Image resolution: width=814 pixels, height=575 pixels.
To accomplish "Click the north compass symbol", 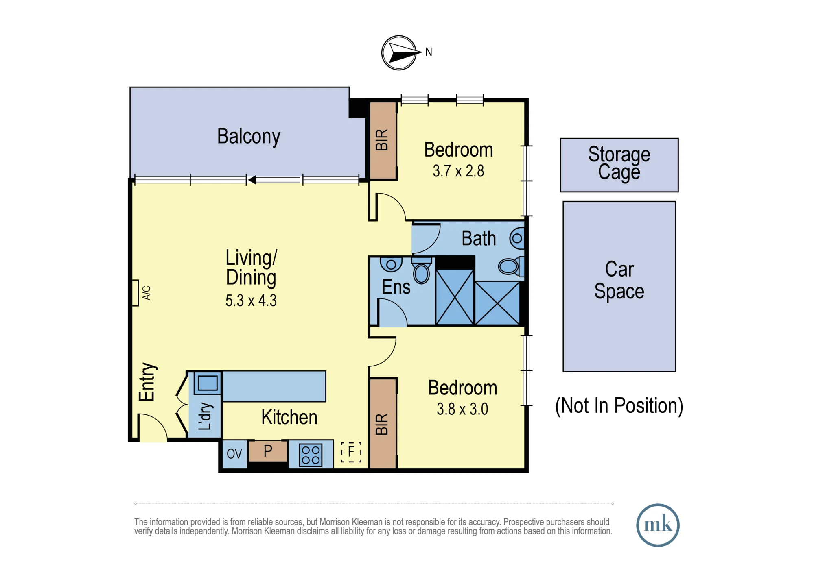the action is click(399, 53).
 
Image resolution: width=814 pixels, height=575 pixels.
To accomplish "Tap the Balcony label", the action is click(249, 137).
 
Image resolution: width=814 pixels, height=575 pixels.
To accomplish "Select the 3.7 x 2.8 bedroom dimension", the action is click(458, 171).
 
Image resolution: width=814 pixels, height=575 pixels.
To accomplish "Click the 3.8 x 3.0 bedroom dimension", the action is click(462, 409).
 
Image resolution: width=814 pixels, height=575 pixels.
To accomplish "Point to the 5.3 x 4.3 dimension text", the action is click(251, 301).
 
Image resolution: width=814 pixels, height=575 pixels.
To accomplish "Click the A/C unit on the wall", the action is click(136, 293).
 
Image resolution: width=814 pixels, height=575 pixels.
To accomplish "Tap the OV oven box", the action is click(235, 454).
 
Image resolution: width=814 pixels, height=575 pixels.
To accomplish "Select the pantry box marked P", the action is click(268, 451).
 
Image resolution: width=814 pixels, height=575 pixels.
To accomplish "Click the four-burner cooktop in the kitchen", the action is click(311, 455).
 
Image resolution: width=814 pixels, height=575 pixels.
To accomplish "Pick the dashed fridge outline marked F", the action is click(351, 452).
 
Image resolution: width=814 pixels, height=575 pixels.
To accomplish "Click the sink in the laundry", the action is click(208, 383).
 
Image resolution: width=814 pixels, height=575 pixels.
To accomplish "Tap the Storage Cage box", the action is click(619, 165).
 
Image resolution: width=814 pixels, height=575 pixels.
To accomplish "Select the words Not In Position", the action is click(619, 406).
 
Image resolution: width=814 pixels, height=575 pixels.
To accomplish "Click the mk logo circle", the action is click(658, 525).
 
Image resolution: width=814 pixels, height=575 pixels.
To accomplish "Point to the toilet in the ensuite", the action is click(422, 272).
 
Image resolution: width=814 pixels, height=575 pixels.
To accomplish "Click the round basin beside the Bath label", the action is click(517, 238).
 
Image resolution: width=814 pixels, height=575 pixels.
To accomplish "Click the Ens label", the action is click(396, 287).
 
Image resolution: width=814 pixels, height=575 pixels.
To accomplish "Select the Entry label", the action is click(147, 382).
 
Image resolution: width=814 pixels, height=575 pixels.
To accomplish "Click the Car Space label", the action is click(619, 280).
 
